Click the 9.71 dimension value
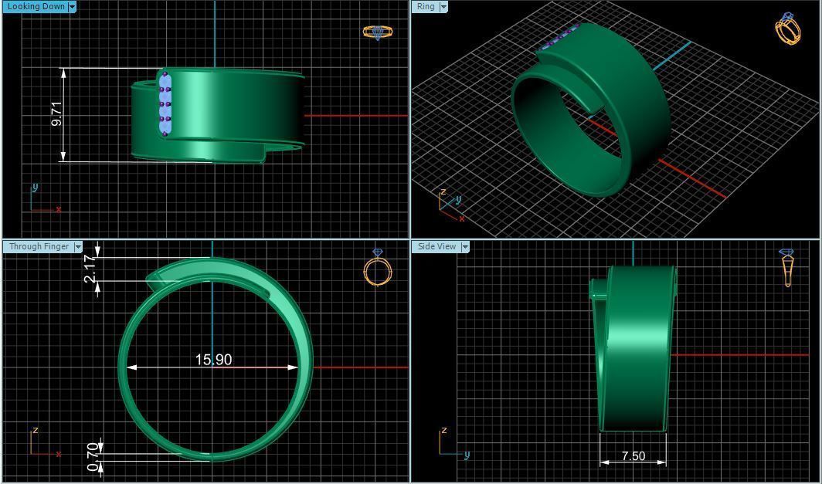[x=56, y=114]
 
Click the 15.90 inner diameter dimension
[x=213, y=360]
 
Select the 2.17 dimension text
[x=90, y=269]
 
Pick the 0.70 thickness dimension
[x=93, y=456]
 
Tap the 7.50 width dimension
[x=633, y=456]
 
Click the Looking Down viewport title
[x=36, y=7]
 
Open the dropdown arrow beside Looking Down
[x=73, y=7]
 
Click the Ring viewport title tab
[x=426, y=7]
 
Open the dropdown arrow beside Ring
[x=443, y=7]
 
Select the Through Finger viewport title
[x=39, y=247]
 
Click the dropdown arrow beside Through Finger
[x=78, y=247]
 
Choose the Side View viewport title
[x=436, y=247]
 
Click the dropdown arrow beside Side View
[x=465, y=247]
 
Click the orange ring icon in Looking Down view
[x=377, y=32]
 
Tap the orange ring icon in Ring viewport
[x=787, y=29]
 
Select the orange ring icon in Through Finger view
[x=377, y=269]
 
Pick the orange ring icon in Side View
[x=786, y=267]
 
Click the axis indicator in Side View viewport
[x=452, y=443]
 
